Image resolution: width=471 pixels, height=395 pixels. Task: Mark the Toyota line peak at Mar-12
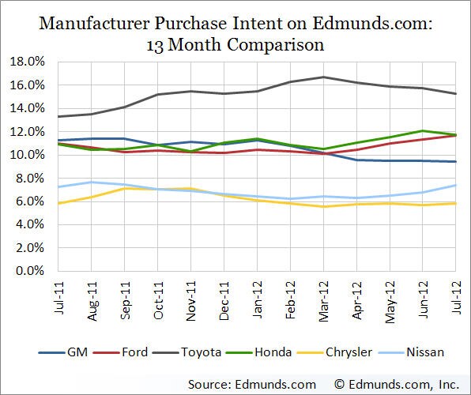(323, 77)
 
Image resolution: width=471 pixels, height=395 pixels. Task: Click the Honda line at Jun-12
(422, 131)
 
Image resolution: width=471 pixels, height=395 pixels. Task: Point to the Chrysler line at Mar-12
(323, 206)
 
